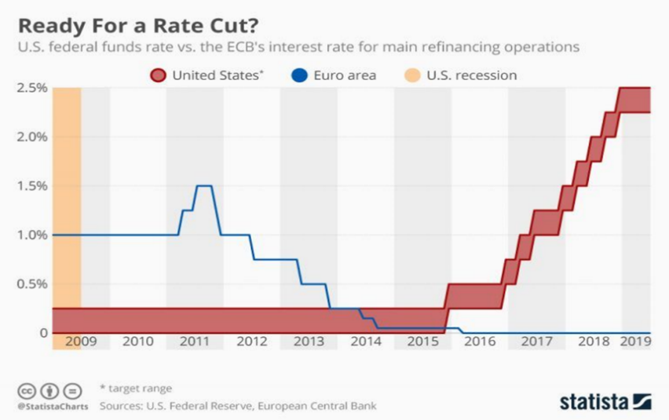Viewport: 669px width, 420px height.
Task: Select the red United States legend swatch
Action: coord(158,75)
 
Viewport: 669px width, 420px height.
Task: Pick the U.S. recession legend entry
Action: coord(470,75)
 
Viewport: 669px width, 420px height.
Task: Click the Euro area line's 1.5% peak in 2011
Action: coord(204,185)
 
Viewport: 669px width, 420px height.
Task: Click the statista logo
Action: coord(605,401)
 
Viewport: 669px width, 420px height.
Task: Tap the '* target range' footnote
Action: coord(135,388)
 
